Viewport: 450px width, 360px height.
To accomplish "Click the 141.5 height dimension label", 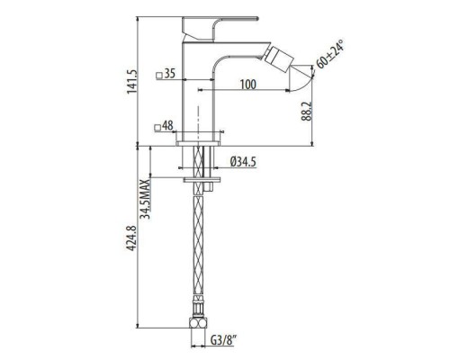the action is (x=131, y=82).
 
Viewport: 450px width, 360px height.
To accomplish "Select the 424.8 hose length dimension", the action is (x=131, y=238).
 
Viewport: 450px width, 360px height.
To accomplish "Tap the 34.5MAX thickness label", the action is (x=146, y=199).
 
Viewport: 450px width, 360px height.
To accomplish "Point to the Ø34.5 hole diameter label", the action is (x=243, y=162).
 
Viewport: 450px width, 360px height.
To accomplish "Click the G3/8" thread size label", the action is (x=223, y=340).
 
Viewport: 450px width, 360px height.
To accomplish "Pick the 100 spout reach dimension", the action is (x=248, y=85).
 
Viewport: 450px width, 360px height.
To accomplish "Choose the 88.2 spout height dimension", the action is (x=307, y=111).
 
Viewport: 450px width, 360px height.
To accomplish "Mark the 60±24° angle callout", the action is (x=329, y=54).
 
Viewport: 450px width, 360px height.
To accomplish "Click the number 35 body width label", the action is (x=170, y=73).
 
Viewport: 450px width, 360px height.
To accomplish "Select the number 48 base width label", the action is (x=167, y=126).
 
